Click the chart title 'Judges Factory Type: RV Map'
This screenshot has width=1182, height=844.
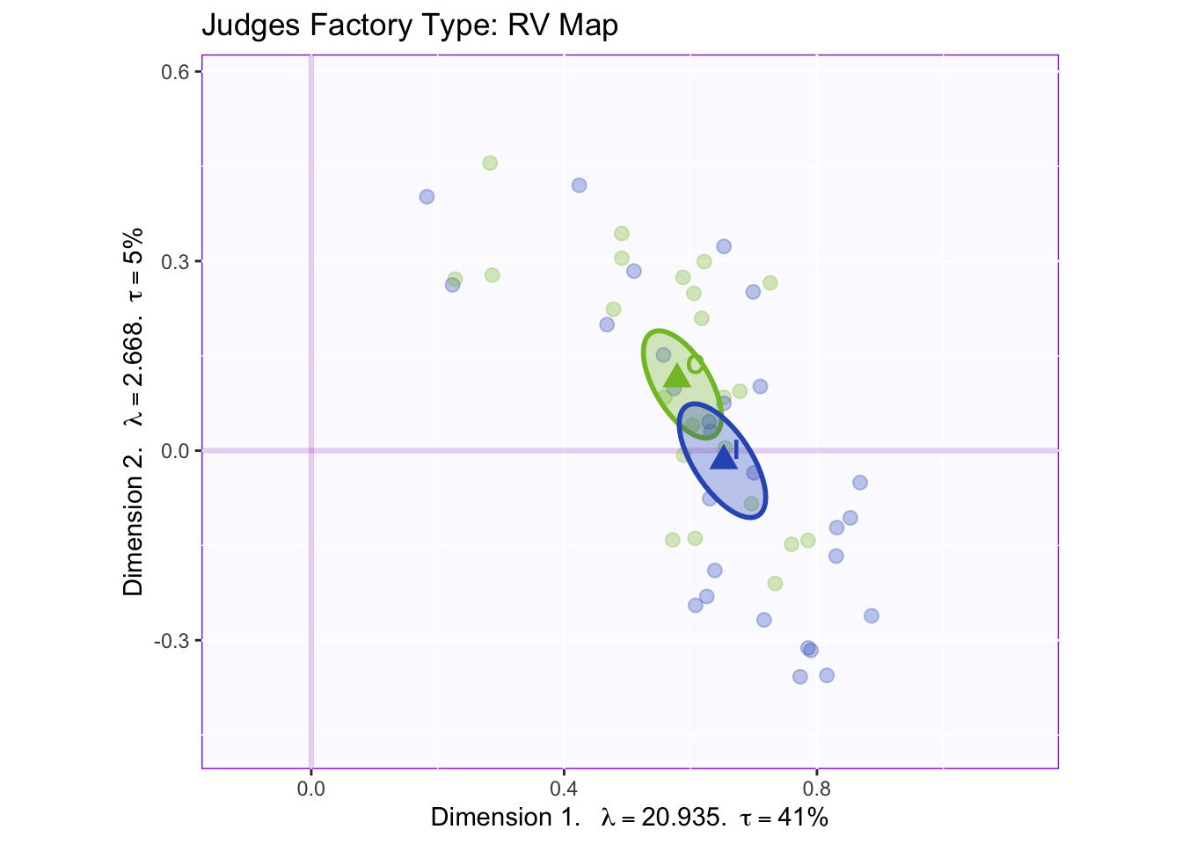coord(410,25)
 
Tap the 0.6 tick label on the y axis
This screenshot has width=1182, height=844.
coord(179,72)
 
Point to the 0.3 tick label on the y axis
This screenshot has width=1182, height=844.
coord(179,261)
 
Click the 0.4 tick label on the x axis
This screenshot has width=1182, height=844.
coord(564,788)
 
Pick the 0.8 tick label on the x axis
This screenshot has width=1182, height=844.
coord(817,788)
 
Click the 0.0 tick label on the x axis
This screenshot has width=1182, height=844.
coord(311,788)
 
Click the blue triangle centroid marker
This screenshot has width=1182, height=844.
coord(723,455)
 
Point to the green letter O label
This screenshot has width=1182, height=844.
coord(696,363)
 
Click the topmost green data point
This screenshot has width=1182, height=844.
coord(490,163)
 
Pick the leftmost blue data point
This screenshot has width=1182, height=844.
coord(427,197)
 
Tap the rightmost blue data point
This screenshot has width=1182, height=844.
coord(872,615)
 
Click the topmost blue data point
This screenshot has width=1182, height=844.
coord(579,186)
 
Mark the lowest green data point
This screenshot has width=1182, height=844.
coord(775,584)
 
